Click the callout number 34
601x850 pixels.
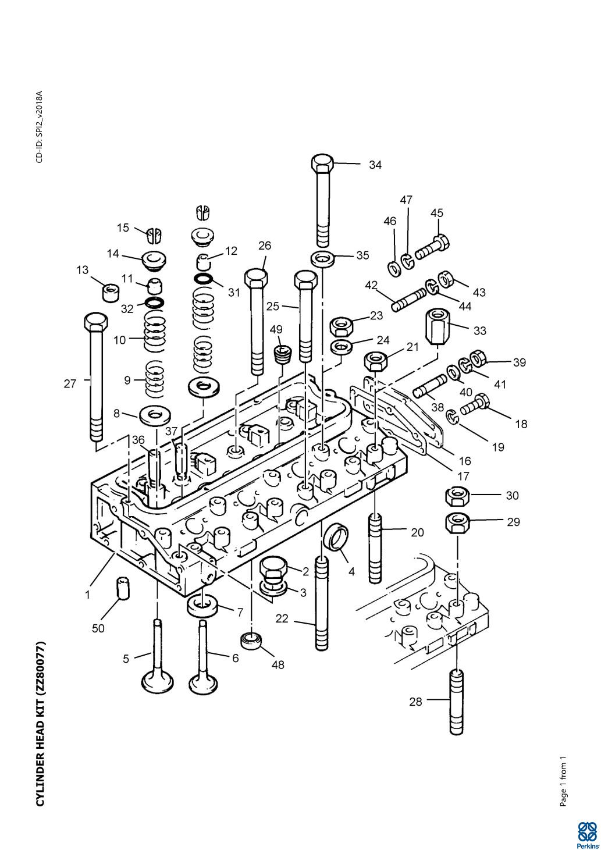[x=375, y=165]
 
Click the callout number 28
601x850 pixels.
[x=415, y=702]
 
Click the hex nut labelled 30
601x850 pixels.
[x=457, y=497]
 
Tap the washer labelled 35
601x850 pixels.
[x=322, y=258]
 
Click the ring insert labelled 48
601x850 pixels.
[x=251, y=641]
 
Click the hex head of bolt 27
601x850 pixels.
[x=96, y=322]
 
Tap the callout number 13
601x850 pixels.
[x=83, y=271]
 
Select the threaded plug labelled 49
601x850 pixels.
[x=283, y=354]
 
